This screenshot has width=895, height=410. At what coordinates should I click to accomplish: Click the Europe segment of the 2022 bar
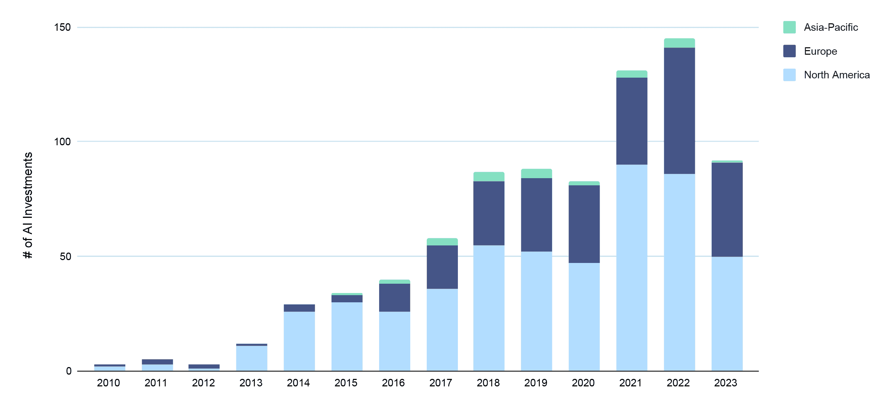click(x=679, y=111)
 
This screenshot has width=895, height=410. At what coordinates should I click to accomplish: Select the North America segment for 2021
click(x=632, y=268)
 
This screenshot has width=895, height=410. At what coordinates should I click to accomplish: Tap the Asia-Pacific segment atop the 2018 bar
click(x=489, y=177)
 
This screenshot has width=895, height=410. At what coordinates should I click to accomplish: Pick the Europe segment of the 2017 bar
click(x=442, y=267)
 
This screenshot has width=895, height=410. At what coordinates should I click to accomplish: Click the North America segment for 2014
click(x=299, y=341)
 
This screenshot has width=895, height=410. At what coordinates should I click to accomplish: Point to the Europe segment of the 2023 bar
click(x=727, y=210)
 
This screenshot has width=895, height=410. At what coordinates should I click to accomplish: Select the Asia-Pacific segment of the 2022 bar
click(x=679, y=43)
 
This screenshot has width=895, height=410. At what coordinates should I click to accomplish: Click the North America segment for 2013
click(x=252, y=358)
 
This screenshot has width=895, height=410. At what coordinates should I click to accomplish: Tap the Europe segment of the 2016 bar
click(x=395, y=298)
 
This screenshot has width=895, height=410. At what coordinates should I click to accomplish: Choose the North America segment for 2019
click(x=536, y=311)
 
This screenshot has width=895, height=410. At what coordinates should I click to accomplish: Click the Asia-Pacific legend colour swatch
click(x=789, y=27)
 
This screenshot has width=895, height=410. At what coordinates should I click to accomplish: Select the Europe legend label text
click(x=820, y=51)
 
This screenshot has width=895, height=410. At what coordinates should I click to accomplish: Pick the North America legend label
click(x=837, y=75)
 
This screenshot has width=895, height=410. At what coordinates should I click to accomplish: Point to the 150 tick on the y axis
click(x=62, y=27)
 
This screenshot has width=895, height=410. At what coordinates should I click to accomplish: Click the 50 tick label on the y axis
click(x=66, y=257)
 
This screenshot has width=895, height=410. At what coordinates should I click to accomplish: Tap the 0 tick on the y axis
click(x=69, y=371)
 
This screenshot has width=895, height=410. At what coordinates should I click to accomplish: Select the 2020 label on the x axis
click(x=583, y=383)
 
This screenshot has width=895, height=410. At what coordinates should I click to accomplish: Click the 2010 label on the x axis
click(x=108, y=383)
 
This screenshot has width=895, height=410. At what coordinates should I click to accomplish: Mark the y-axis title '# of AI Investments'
click(x=28, y=205)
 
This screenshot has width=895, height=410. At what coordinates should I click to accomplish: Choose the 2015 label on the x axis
click(x=346, y=383)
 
